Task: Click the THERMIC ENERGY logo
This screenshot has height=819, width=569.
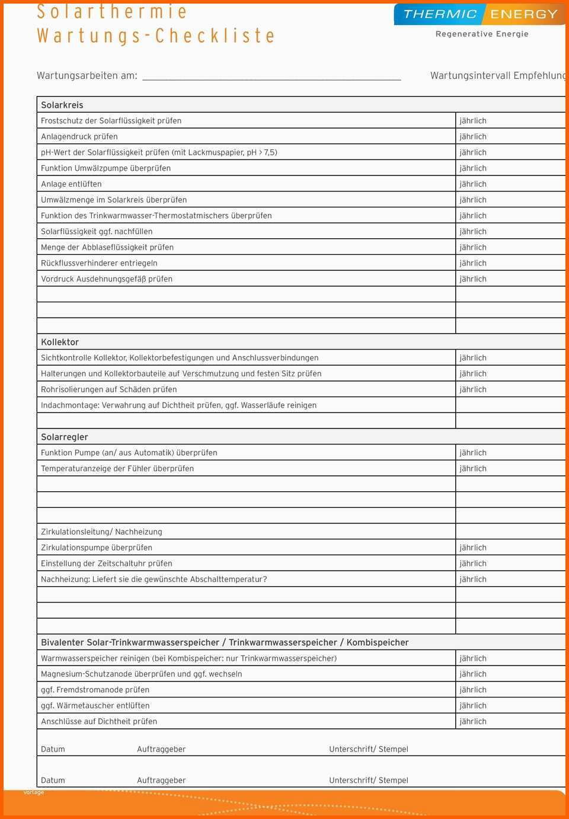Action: pos(480,14)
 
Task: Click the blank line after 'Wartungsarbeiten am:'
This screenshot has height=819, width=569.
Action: pos(271,76)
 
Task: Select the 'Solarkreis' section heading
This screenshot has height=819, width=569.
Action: pos(62,105)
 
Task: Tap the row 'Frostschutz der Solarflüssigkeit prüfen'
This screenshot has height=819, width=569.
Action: pos(111,121)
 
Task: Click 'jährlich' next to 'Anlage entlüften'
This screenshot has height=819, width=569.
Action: pos(473,184)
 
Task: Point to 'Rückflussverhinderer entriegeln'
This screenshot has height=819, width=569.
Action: pos(99,263)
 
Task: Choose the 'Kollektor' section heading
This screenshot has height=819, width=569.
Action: pos(60,342)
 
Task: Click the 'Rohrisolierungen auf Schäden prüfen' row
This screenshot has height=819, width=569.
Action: pos(109,389)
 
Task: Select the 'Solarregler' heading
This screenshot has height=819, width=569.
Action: pos(65,437)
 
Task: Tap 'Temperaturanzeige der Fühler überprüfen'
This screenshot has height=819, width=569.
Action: pos(117,469)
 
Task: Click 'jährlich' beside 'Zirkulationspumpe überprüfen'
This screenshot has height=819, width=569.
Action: pos(473,548)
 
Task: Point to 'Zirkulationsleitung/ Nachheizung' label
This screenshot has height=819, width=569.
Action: pos(101,532)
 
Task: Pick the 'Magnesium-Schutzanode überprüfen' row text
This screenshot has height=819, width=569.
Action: pos(142,674)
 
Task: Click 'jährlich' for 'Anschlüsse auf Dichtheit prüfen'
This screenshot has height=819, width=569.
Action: pos(473,721)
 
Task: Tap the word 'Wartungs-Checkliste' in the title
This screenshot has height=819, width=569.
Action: pos(156,36)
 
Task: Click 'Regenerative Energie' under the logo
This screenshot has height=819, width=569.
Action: pos(482,34)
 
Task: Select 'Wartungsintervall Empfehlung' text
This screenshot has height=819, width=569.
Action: pos(498,76)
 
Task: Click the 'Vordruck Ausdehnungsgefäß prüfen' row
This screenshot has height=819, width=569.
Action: pos(107,279)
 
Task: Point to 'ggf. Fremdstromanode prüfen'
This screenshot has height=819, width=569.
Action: pos(95,690)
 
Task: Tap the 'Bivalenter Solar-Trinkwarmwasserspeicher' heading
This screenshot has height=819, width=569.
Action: pos(225,642)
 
